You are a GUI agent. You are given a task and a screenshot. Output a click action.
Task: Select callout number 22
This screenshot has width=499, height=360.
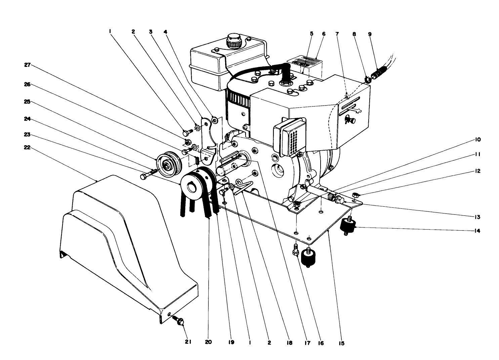(27, 147)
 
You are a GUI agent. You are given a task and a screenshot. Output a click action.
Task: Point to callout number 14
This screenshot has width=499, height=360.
(477, 231)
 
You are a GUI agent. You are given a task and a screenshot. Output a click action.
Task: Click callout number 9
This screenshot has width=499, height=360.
(370, 34)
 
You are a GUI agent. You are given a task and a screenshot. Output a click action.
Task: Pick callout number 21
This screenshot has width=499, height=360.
(188, 342)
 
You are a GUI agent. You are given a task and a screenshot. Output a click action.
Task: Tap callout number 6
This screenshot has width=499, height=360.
(324, 34)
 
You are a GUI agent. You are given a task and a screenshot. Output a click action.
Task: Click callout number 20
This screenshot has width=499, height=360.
(208, 342)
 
